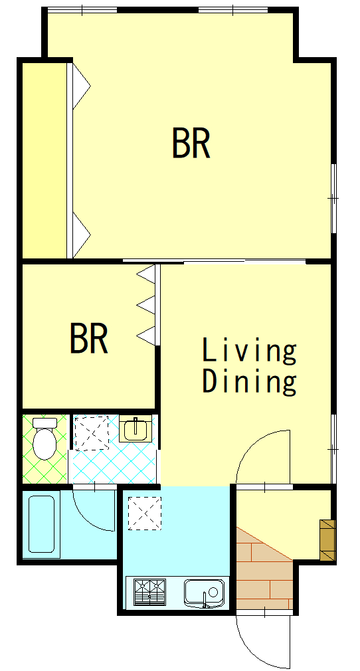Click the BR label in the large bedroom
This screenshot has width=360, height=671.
tap(191, 143)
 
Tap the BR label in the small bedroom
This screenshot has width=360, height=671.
tap(88, 339)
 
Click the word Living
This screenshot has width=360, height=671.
tap(249, 350)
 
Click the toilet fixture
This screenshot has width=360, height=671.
tap(45, 438)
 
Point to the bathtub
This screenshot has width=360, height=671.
tap(42, 524)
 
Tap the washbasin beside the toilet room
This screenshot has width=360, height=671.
tap(135, 429)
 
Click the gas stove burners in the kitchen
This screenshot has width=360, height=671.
tap(149, 592)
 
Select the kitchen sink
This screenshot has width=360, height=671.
tap(204, 593)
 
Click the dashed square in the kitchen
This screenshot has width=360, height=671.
tap(145, 513)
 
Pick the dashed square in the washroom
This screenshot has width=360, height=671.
tap(92, 432)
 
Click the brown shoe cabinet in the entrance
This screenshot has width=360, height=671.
tap(327, 539)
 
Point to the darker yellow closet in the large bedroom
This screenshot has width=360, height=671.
tap(44, 161)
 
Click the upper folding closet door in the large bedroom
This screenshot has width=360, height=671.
tap(81, 86)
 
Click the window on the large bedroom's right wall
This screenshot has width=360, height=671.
tap(333, 198)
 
